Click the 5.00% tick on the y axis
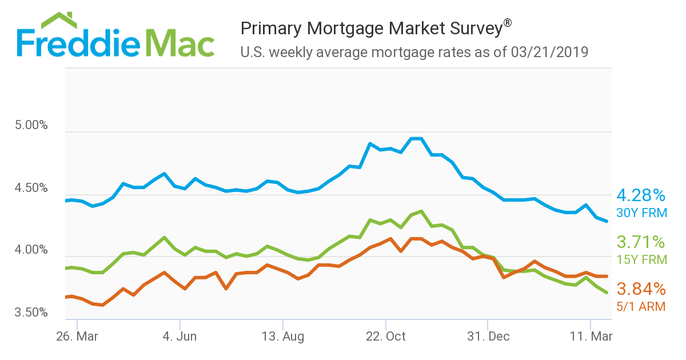point(31,125)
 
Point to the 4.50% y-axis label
point(31,188)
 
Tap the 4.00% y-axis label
point(31,250)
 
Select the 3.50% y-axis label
point(31,313)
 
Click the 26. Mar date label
point(77,336)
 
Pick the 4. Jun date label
point(180,336)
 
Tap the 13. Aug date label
point(282,336)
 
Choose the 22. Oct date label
point(385,336)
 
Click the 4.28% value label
point(641,196)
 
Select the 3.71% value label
point(641,242)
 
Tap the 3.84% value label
point(641,289)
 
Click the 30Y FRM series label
point(641,213)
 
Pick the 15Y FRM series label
point(641,260)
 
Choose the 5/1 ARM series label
point(641,307)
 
